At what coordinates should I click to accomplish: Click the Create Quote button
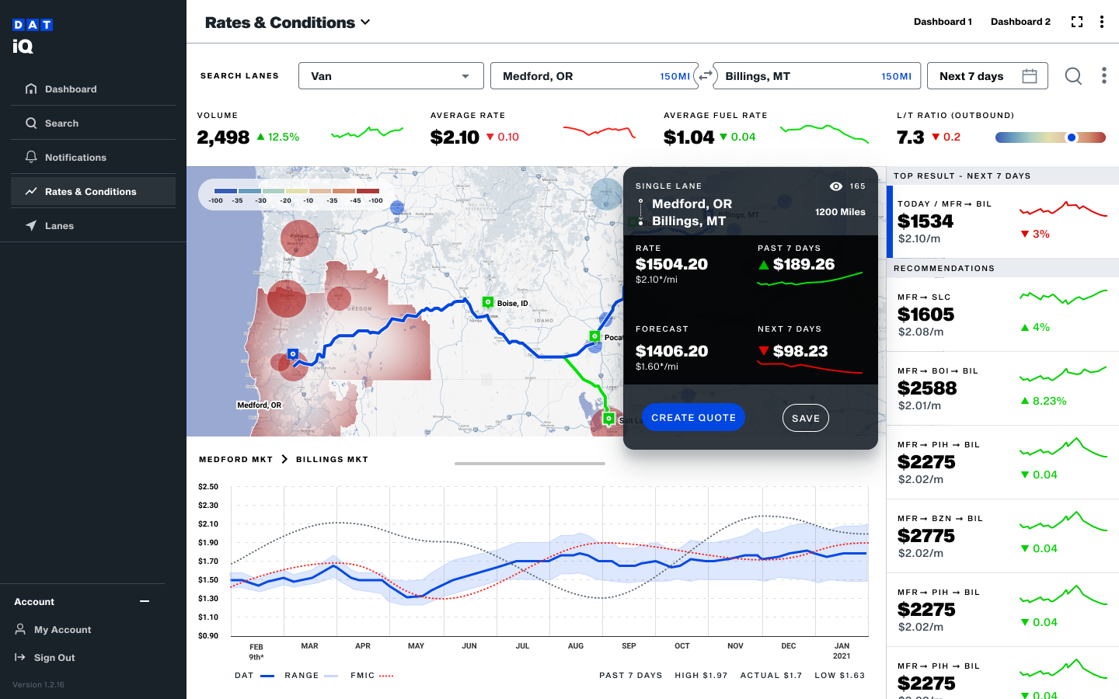[x=693, y=418]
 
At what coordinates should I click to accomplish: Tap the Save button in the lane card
[x=805, y=418]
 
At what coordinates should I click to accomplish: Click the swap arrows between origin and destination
[x=706, y=76]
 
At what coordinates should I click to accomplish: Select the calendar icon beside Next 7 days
[x=1030, y=76]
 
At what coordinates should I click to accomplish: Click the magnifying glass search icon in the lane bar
[x=1073, y=76]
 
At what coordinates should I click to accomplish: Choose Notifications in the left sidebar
[x=75, y=158]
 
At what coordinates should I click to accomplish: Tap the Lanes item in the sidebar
[x=59, y=226]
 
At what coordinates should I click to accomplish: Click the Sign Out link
[x=54, y=658]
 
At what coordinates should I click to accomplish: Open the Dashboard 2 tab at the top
[x=1020, y=22]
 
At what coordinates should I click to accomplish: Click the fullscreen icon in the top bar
[x=1077, y=22]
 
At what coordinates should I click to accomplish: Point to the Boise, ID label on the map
[x=512, y=304]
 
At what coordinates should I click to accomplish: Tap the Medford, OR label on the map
[x=260, y=405]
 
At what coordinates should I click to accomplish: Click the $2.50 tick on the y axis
[x=208, y=487]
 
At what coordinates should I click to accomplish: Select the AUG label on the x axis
[x=576, y=646]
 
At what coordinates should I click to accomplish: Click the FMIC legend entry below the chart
[x=363, y=676]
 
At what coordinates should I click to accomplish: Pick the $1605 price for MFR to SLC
[x=926, y=315]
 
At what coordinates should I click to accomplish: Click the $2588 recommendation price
[x=927, y=388]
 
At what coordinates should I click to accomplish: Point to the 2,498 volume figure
[x=223, y=137]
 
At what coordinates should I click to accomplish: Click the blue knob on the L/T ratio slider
[x=1072, y=137]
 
